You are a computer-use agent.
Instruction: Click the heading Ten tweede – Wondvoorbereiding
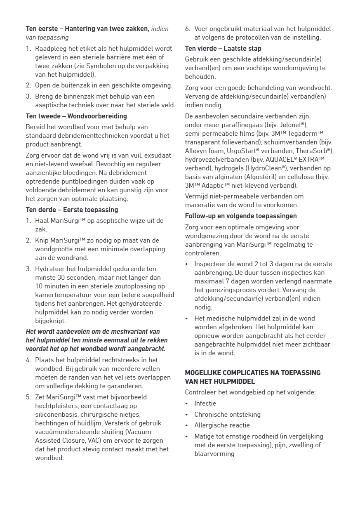(x=76, y=116)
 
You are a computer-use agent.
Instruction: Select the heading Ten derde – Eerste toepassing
(x=72, y=210)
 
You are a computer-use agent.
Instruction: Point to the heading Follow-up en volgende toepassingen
(x=241, y=216)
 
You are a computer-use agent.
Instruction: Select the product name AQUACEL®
(x=283, y=159)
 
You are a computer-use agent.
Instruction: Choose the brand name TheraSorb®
(x=315, y=151)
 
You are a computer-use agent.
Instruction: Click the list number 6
(x=187, y=28)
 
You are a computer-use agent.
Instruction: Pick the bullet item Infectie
(x=205, y=403)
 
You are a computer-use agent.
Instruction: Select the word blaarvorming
(x=214, y=453)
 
